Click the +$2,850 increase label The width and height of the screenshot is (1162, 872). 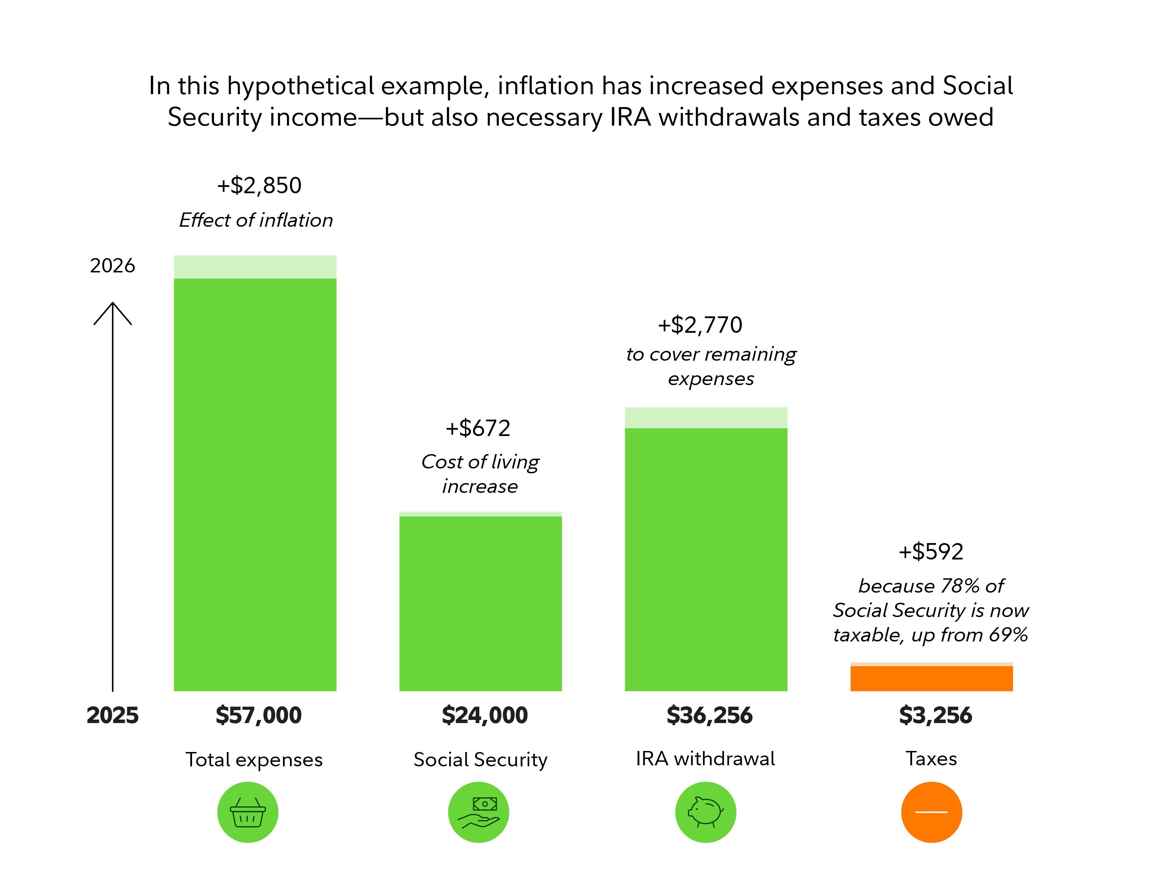[259, 186]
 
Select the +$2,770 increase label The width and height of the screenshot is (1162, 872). [700, 325]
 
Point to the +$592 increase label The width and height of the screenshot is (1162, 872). [931, 552]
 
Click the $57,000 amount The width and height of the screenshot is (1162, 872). [259, 715]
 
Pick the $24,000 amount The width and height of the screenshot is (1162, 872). [484, 715]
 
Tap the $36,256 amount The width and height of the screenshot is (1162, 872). [709, 715]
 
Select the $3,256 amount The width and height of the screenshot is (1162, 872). [935, 715]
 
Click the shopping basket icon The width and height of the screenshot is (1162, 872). [248, 812]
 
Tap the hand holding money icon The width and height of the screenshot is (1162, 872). [479, 812]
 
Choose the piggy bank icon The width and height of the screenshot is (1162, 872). [705, 812]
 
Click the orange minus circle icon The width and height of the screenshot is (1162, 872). [931, 812]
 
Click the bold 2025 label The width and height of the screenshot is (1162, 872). [113, 715]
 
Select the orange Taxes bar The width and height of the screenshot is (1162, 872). [931, 678]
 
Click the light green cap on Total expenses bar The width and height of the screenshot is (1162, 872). [255, 267]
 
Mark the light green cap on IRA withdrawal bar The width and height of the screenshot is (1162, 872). [706, 418]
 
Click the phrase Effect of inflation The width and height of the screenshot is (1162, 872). [257, 220]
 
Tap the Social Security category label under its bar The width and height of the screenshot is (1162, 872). [480, 760]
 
